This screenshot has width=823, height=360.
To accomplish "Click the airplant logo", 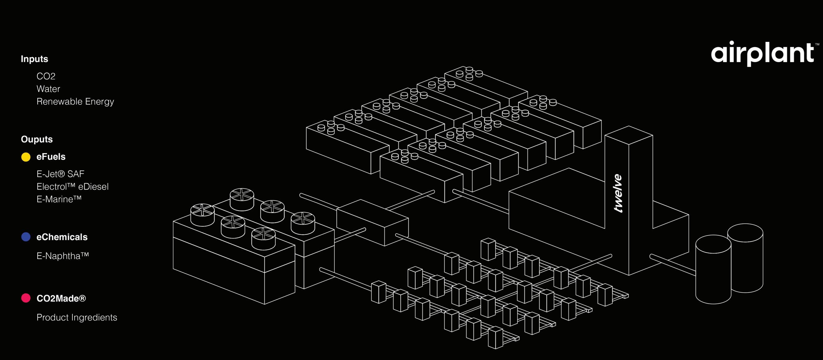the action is [762, 53].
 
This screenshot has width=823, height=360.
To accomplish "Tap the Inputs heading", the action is [34, 59].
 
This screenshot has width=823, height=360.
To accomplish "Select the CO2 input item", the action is [46, 76].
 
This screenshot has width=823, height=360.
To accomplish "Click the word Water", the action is [48, 89].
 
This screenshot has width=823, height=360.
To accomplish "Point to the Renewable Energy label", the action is [75, 102].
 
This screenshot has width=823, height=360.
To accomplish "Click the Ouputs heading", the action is [37, 139].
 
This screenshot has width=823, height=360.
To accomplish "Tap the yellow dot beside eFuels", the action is [26, 157].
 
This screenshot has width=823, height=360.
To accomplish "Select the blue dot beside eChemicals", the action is [26, 237].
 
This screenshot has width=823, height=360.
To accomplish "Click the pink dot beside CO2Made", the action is [26, 298].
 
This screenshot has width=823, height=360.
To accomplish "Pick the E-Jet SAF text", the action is [60, 174].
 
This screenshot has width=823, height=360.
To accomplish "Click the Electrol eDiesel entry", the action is [72, 187].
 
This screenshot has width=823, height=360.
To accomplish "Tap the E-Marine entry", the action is [59, 199].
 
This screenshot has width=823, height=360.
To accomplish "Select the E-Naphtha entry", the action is [62, 256].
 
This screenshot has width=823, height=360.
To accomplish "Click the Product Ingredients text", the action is [77, 317].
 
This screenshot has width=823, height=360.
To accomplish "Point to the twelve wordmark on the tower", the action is [618, 193].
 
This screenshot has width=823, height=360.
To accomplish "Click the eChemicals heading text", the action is [62, 237].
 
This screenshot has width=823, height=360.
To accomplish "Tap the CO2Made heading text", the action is [61, 298].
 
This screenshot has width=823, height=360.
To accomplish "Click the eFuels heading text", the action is [51, 157].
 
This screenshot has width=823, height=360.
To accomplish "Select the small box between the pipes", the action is [372, 222].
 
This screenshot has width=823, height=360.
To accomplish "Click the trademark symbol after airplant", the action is [817, 44].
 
